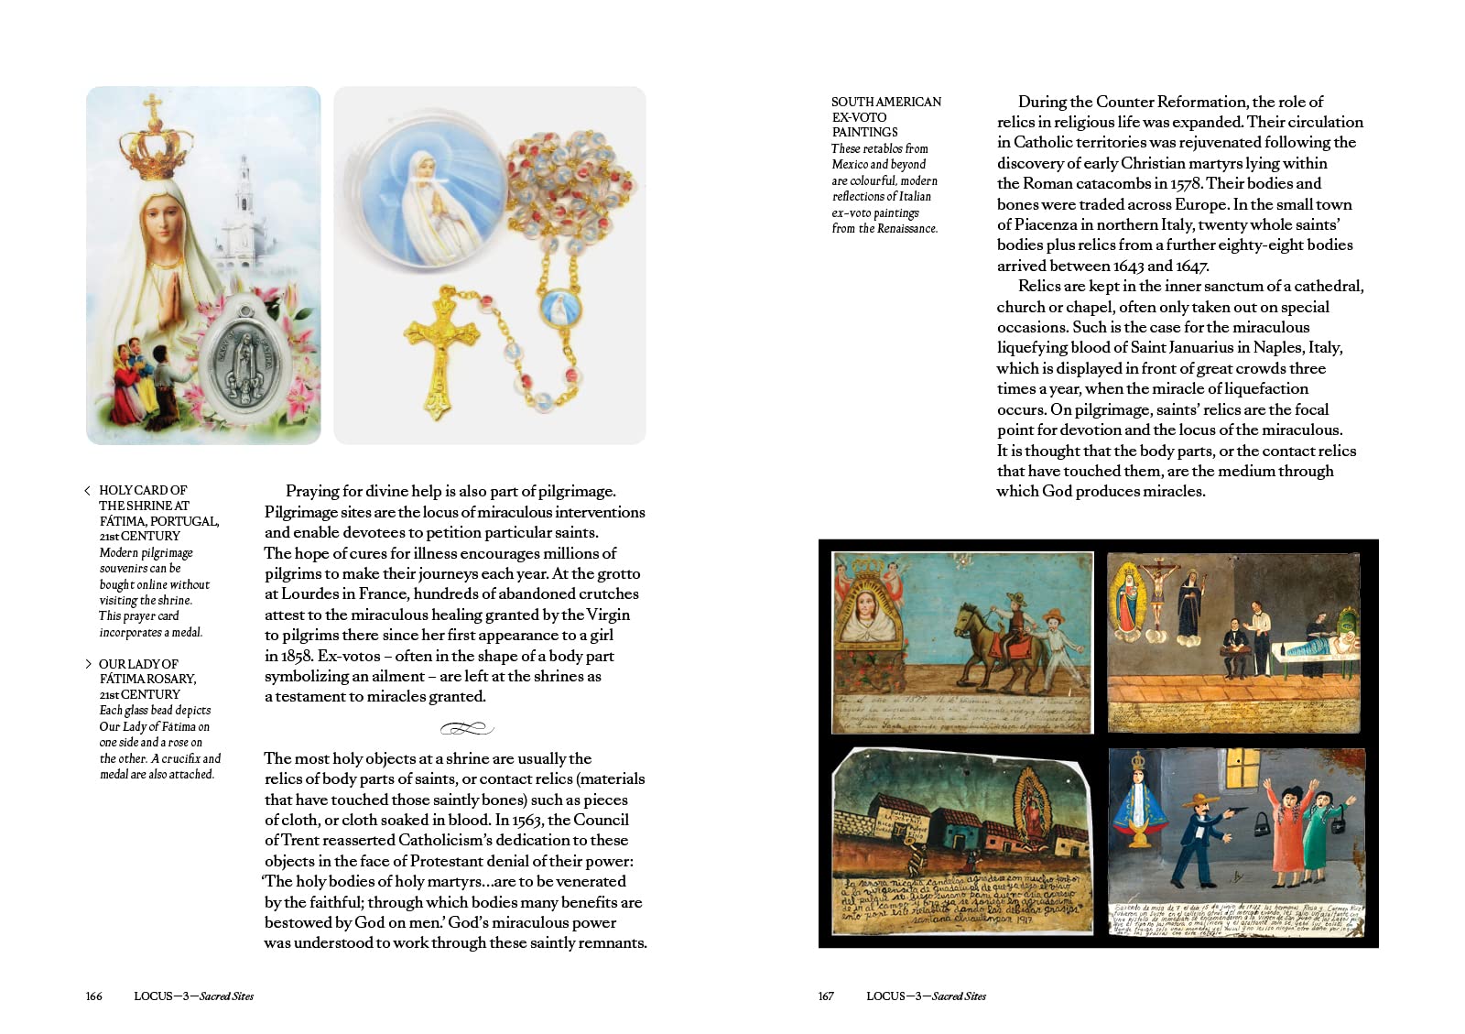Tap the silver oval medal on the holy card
tap(244, 363)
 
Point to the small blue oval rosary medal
tap(555, 309)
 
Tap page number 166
tap(94, 996)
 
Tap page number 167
tap(826, 996)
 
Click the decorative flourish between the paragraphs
tap(466, 729)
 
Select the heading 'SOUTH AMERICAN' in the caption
tap(885, 102)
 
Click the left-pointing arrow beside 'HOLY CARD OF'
tap(87, 491)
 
